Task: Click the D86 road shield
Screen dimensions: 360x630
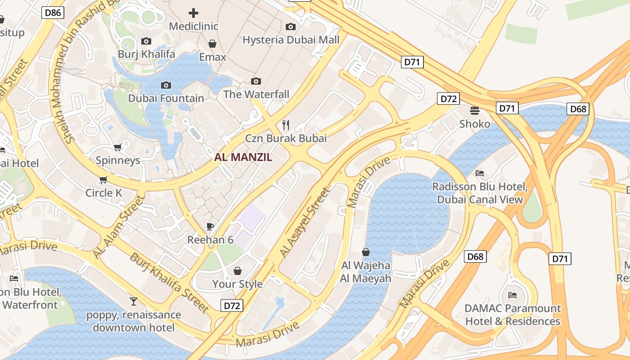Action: click(53, 13)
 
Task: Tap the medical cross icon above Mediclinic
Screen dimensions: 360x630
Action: click(193, 13)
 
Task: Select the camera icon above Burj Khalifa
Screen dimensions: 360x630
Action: click(146, 41)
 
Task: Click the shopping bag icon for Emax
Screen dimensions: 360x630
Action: click(212, 44)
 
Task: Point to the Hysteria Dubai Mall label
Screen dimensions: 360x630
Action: click(291, 40)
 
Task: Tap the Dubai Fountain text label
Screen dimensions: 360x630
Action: click(166, 98)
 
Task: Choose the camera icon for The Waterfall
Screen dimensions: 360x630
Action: click(256, 81)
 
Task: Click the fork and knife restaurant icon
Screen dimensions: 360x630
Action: click(285, 124)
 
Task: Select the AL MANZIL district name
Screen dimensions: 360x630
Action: click(243, 157)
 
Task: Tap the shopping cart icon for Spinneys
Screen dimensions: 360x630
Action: click(118, 147)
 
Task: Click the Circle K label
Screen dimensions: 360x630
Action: click(104, 193)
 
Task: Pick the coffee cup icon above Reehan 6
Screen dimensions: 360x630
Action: click(210, 226)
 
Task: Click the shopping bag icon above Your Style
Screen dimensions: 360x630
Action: click(238, 271)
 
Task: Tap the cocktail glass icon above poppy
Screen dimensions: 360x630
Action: click(134, 301)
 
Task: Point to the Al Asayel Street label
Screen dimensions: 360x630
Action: click(305, 223)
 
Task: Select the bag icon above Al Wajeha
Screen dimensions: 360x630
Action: click(366, 252)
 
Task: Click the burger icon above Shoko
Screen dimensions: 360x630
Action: click(475, 110)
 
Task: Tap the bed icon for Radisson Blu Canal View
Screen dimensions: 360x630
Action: click(480, 173)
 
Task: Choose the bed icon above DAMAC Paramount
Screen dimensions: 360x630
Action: click(512, 295)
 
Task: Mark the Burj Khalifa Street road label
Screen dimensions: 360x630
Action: click(169, 283)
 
